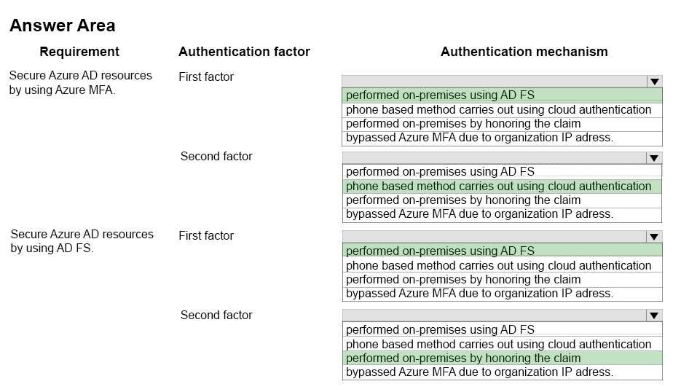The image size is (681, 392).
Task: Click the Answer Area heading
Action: [x=63, y=26]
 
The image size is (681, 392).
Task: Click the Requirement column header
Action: [x=79, y=52]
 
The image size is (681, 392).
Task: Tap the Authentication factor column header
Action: [x=244, y=52]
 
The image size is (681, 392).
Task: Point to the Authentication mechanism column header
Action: [x=524, y=52]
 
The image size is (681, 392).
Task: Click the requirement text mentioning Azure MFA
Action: [x=81, y=82]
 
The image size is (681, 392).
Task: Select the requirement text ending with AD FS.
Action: [x=82, y=241]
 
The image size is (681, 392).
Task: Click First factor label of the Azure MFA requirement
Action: [x=206, y=77]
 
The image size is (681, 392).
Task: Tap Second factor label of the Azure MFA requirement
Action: [x=216, y=157]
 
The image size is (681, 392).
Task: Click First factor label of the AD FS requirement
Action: [x=206, y=236]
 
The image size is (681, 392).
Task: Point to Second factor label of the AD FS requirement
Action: [x=216, y=315]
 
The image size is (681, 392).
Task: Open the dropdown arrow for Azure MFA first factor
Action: [x=655, y=82]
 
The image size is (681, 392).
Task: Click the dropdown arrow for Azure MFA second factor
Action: [x=654, y=158]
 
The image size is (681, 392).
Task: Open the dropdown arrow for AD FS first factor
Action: [x=654, y=237]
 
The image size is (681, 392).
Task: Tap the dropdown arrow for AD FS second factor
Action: [x=654, y=315]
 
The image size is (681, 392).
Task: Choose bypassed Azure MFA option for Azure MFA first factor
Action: [x=479, y=138]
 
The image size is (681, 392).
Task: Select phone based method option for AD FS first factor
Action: [x=499, y=265]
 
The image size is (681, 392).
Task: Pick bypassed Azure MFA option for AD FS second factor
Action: [x=479, y=372]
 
